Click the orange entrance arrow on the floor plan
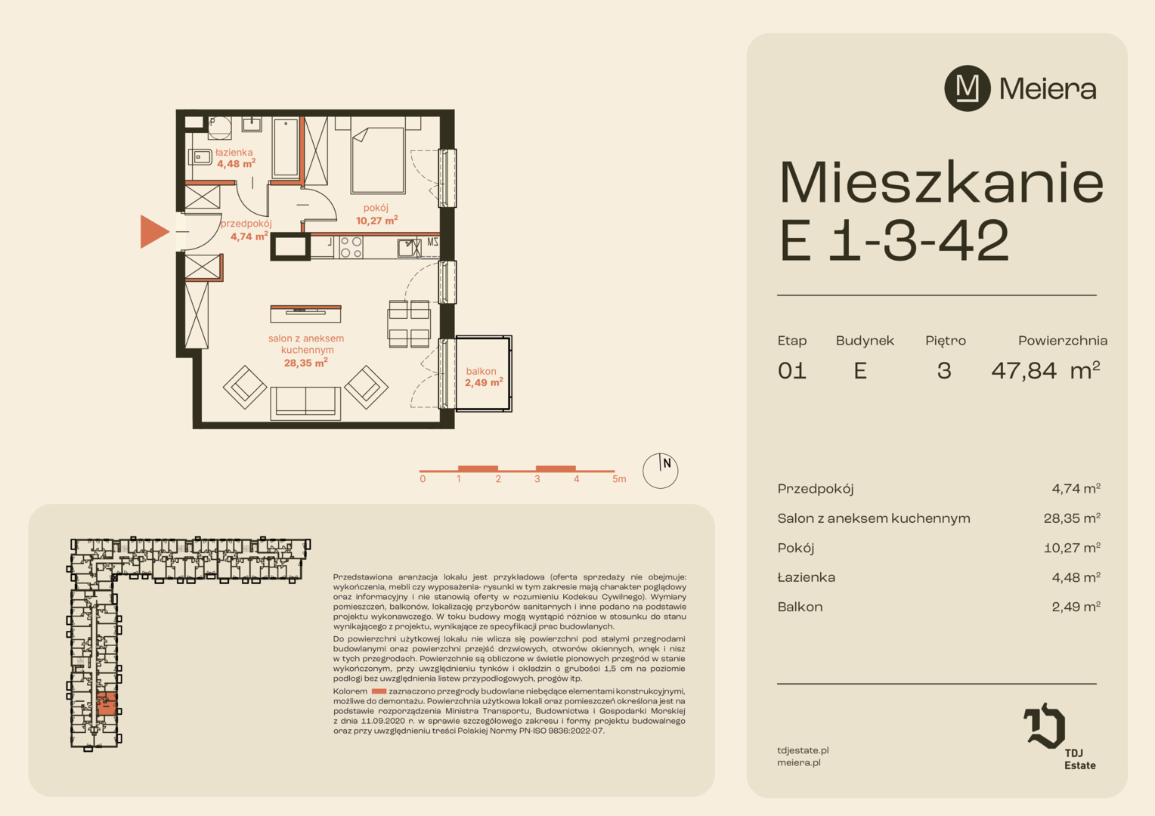coord(153,231)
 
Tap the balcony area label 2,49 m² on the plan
coord(484,382)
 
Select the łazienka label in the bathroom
coord(234,152)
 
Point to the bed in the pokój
coord(377,159)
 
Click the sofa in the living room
coord(305,402)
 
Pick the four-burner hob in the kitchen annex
coord(351,247)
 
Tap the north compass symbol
coord(660,471)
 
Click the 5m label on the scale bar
coord(619,479)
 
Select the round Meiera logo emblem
coord(968,88)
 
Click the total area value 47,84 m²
coord(1045,371)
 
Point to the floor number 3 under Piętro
coord(944,371)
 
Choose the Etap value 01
coord(792,371)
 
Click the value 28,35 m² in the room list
coord(1072,518)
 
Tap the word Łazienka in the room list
coord(807,576)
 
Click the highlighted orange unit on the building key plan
coord(107,704)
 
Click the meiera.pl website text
coord(799,763)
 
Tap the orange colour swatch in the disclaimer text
coord(379,691)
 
